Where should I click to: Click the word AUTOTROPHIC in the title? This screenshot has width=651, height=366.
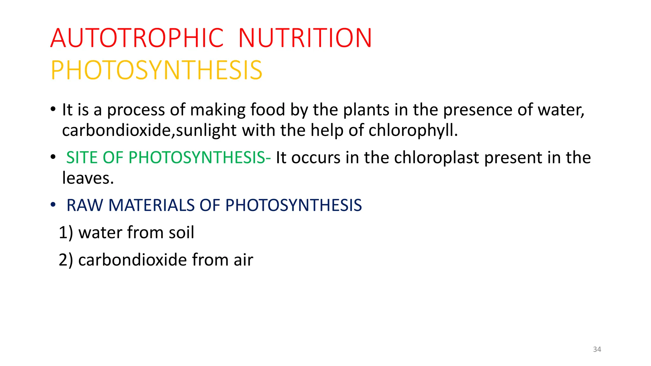137,38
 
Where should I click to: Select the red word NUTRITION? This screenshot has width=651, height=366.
305,38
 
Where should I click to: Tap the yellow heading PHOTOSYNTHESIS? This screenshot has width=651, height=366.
156,70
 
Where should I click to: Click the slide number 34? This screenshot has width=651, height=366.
597,349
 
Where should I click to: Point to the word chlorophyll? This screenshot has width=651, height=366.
413,130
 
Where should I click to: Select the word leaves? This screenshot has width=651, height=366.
88,178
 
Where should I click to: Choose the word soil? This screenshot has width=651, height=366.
181,233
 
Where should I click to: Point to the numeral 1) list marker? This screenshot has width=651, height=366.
66,233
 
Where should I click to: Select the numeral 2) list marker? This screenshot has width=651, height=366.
66,260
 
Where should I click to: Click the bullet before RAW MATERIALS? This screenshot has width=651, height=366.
53,205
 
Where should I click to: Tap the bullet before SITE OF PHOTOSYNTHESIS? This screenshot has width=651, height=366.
53,157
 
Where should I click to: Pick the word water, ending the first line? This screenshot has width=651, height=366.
561,110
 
